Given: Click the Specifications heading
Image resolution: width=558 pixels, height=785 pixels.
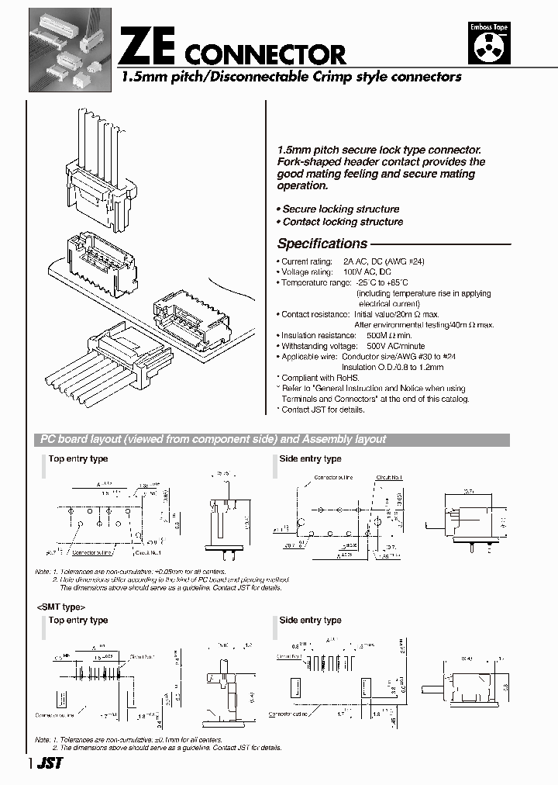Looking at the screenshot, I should click(322, 243).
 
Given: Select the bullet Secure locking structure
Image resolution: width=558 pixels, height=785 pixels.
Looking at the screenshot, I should click(339, 209).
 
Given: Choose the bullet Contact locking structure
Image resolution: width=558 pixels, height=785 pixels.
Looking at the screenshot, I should click(340, 222).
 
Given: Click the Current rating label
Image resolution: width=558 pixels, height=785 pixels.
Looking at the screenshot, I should click(307, 262).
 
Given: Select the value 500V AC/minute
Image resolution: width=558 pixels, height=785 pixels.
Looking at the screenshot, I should click(396, 346).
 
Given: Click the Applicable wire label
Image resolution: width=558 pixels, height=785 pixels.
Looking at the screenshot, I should click(310, 357).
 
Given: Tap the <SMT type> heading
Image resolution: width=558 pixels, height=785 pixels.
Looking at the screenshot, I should click(61, 607).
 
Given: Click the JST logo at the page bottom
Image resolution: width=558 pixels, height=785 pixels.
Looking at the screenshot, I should click(50, 763).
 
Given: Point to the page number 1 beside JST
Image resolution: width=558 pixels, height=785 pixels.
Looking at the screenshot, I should click(30, 764).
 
